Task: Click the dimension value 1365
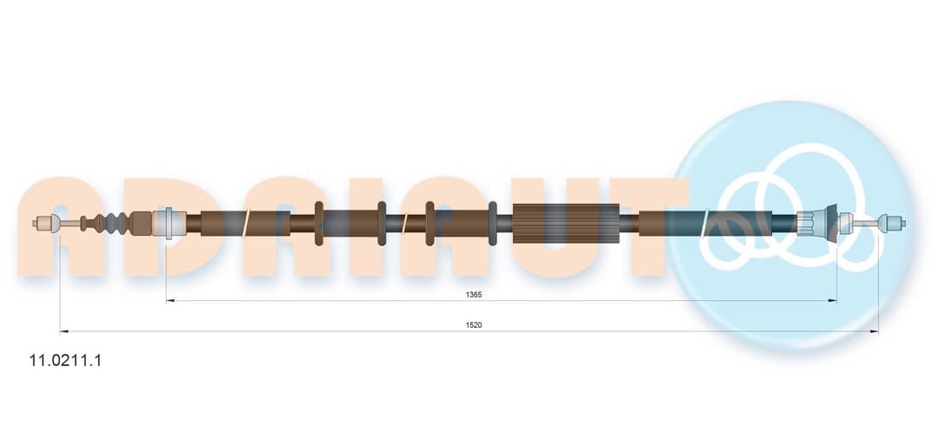click(474, 294)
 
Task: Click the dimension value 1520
click(474, 324)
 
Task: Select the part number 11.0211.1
click(65, 361)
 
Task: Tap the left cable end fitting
click(46, 223)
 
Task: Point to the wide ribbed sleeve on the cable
click(566, 223)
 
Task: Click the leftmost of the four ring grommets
click(318, 223)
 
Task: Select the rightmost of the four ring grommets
click(493, 223)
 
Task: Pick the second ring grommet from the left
click(382, 223)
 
